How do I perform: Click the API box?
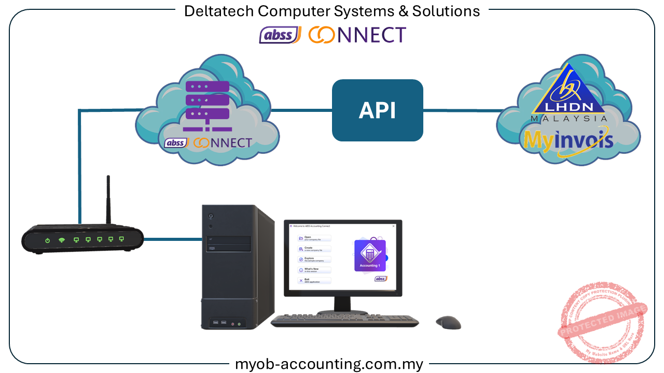pyautogui.click(x=377, y=110)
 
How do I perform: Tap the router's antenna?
pyautogui.click(x=108, y=199)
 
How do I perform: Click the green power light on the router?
pyautogui.click(x=47, y=240)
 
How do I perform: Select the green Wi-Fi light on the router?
pyautogui.click(x=62, y=240)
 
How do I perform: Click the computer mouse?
pyautogui.click(x=448, y=323)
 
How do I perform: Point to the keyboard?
pyautogui.click(x=344, y=321)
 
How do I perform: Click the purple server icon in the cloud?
pyautogui.click(x=207, y=106)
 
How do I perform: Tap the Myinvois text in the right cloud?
pyautogui.click(x=568, y=140)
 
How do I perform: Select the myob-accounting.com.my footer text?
pyautogui.click(x=329, y=364)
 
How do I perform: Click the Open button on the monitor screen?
pyautogui.click(x=314, y=238)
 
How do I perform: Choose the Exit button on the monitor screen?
pyautogui.click(x=314, y=280)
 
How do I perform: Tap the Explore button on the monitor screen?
pyautogui.click(x=314, y=259)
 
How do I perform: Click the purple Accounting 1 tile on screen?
pyautogui.click(x=370, y=255)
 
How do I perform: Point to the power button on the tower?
pyautogui.click(x=211, y=216)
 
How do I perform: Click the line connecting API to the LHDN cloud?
pyautogui.click(x=462, y=110)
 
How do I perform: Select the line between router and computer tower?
pyautogui.click(x=172, y=239)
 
